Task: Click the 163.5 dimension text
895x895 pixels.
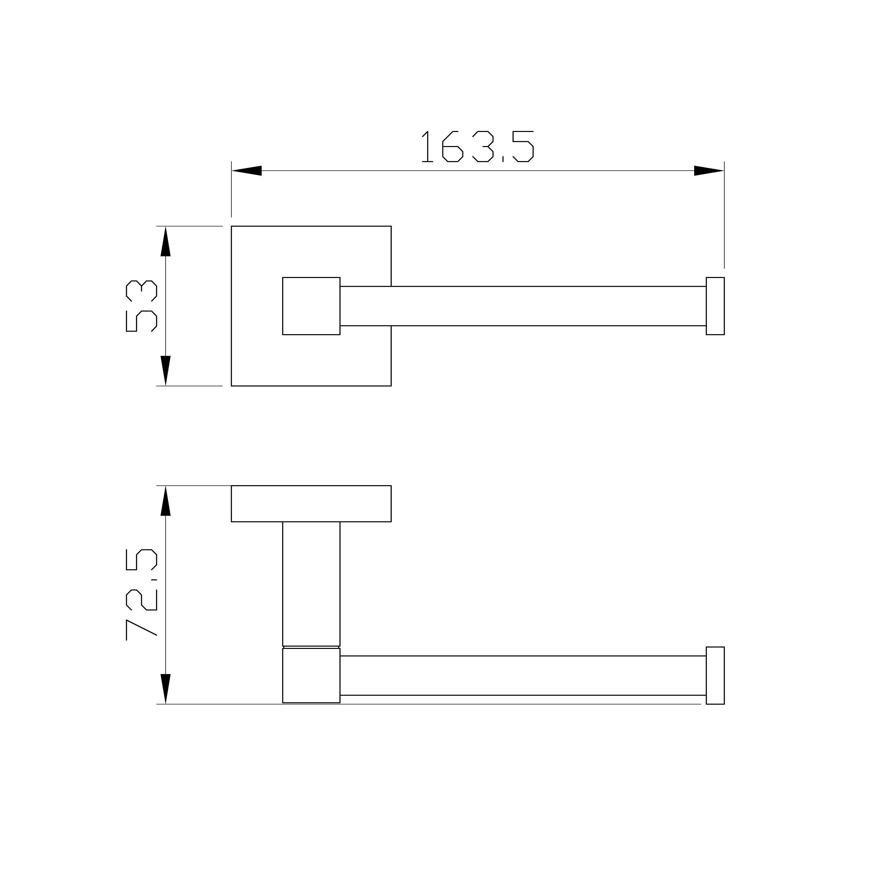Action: coord(478,146)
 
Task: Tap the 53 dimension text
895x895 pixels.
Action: coord(141,307)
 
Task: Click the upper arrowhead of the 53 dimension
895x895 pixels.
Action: coord(165,241)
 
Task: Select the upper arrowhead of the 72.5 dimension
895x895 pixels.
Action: coord(165,501)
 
